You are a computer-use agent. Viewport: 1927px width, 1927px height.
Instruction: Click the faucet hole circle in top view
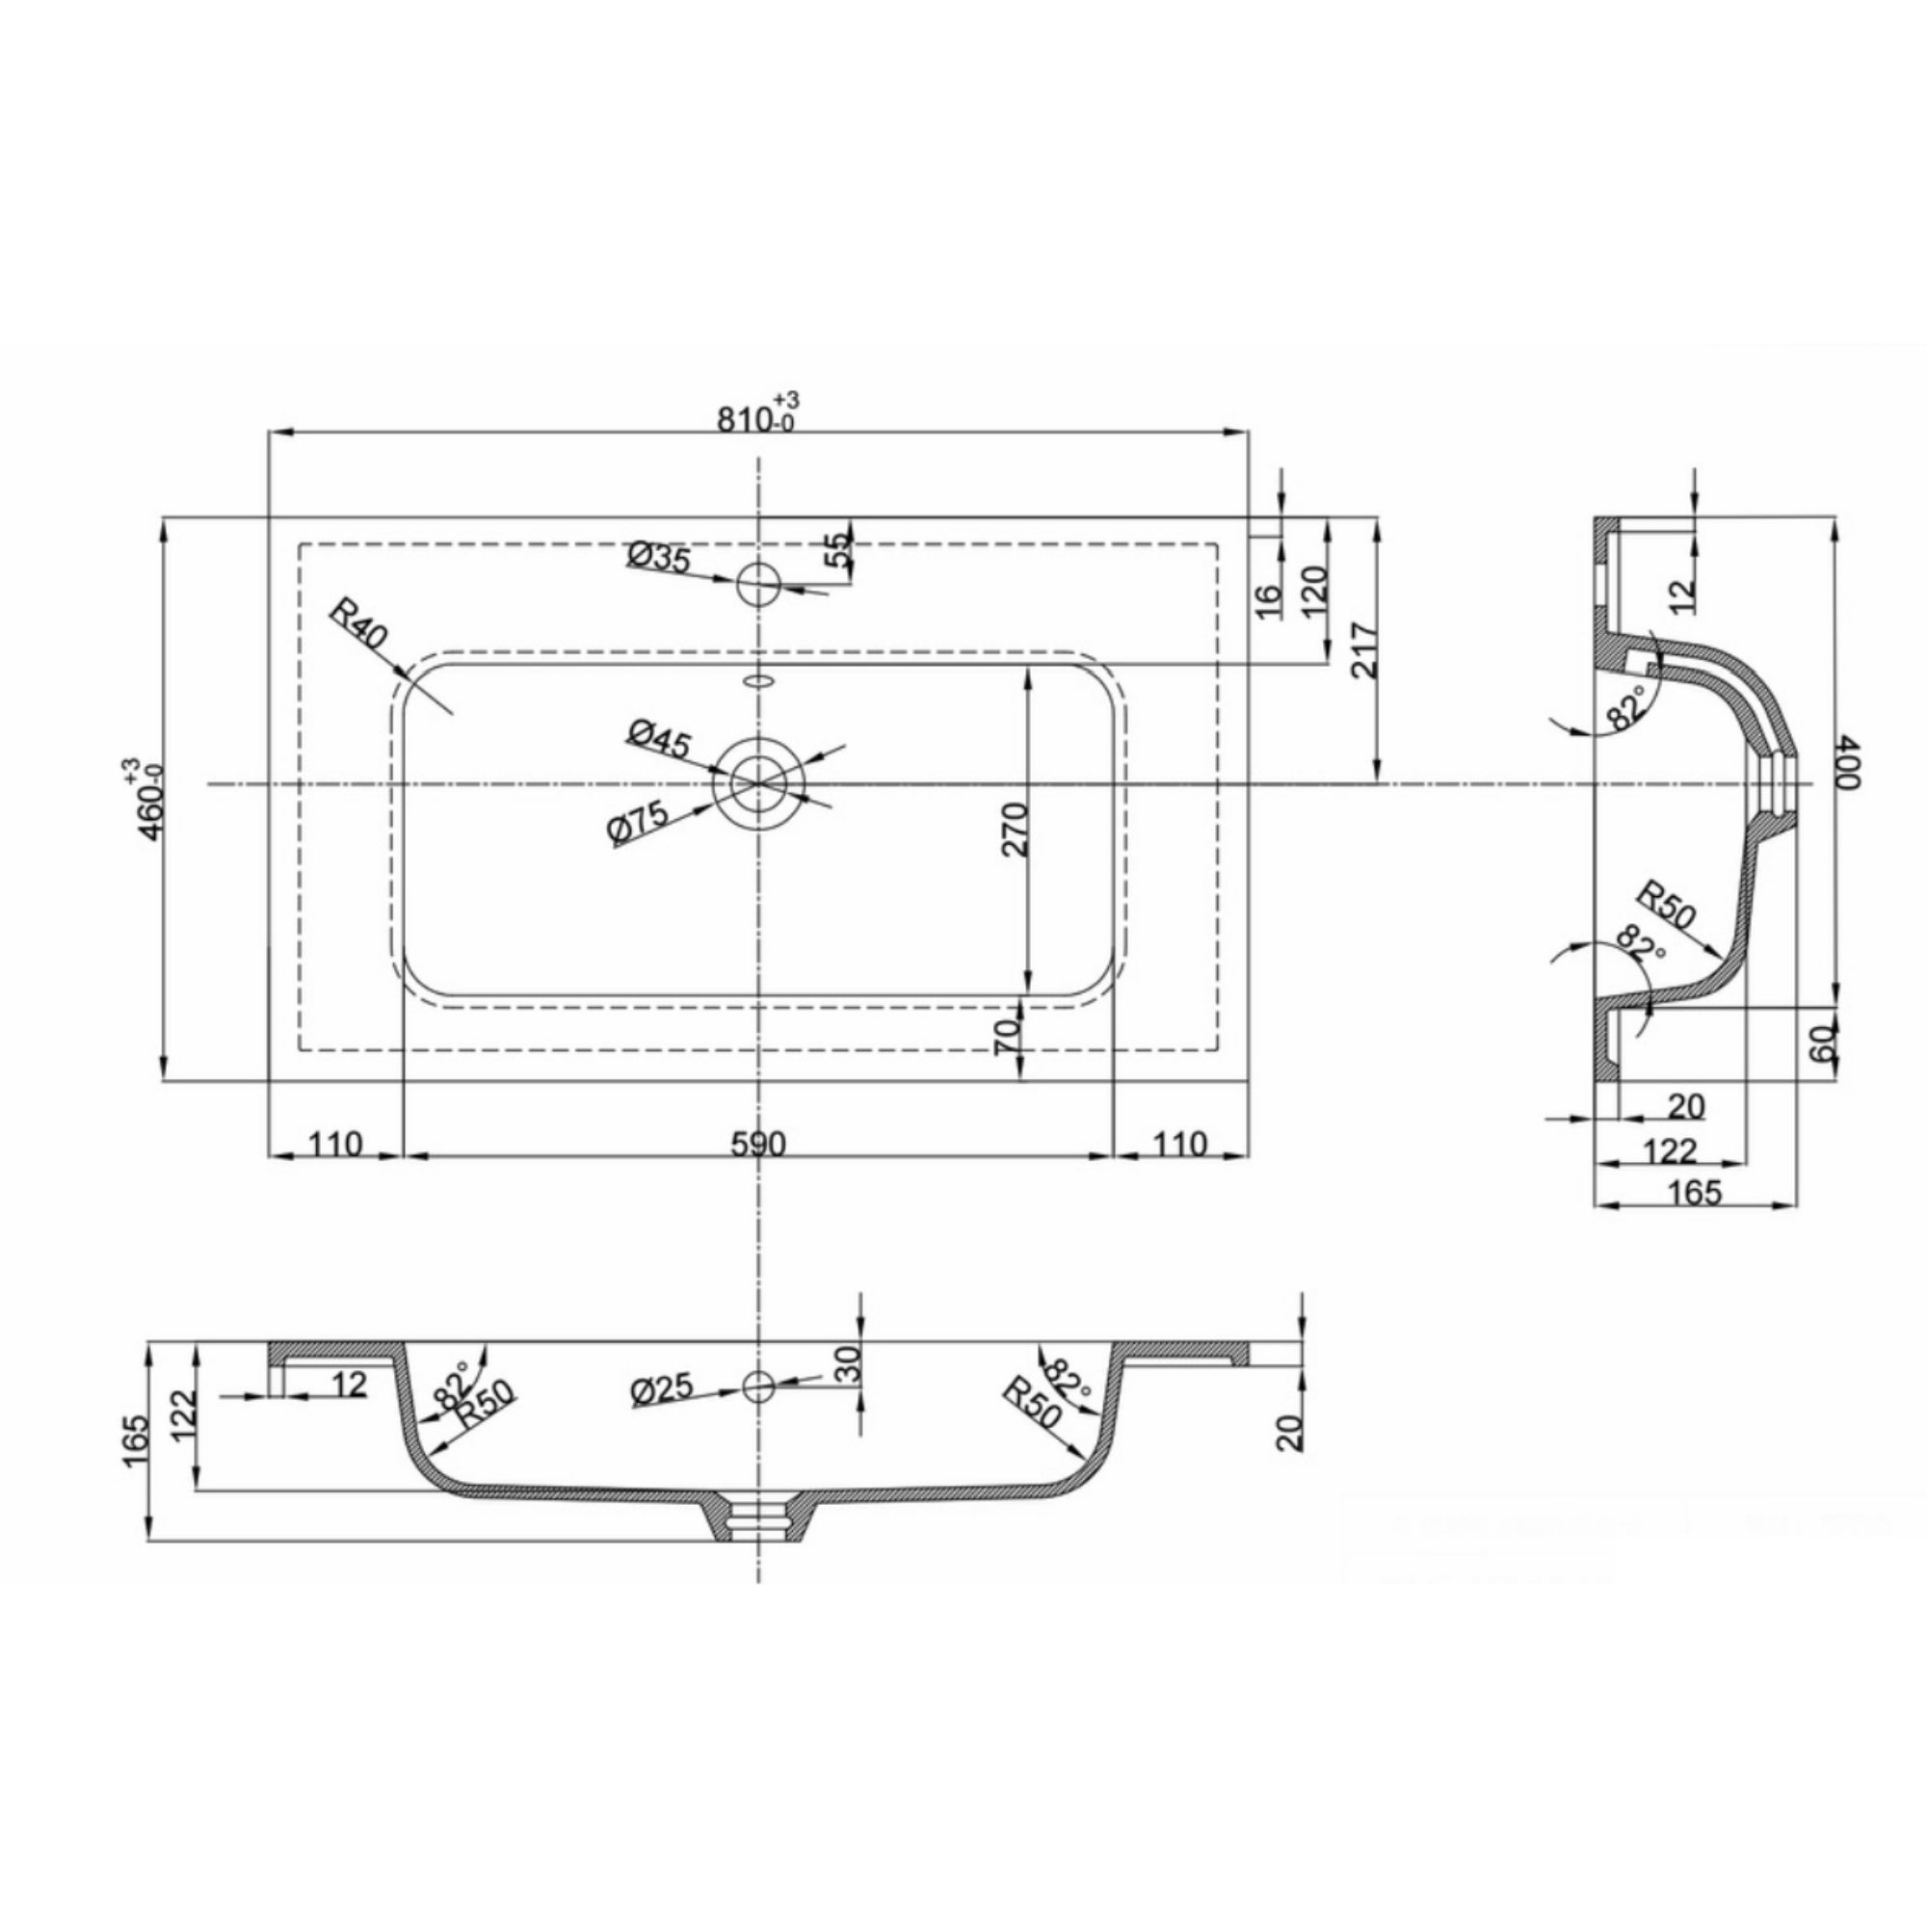pos(758,584)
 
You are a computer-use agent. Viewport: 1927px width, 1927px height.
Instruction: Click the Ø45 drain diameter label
pos(658,739)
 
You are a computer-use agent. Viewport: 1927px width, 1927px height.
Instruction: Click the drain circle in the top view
pos(758,784)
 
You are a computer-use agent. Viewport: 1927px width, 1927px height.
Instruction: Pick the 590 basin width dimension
pos(758,1144)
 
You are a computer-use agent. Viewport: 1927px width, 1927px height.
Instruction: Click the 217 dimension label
pos(1362,650)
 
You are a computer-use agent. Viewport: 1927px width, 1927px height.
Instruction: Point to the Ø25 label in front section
pos(662,1389)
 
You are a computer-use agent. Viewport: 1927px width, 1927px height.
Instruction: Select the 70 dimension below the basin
pos(1008,1037)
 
